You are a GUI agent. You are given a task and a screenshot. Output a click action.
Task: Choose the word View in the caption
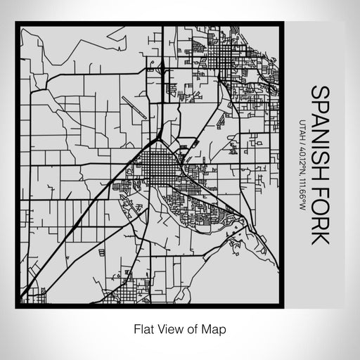point(169,327)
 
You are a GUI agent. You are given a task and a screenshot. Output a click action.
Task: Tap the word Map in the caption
point(216,327)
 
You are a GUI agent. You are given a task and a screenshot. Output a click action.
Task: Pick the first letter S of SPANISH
point(320,91)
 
